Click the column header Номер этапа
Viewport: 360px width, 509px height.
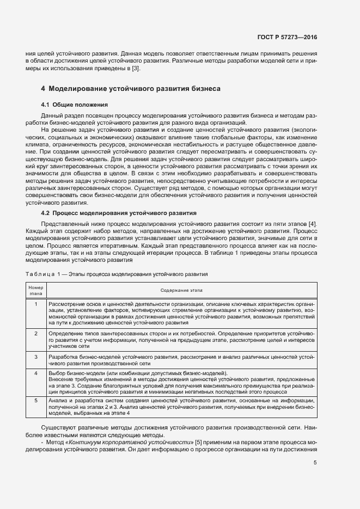coord(35,290)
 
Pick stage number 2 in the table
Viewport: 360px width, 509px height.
coord(35,333)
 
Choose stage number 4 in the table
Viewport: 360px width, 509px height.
coord(35,373)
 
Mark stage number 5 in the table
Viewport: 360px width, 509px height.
coord(35,400)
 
